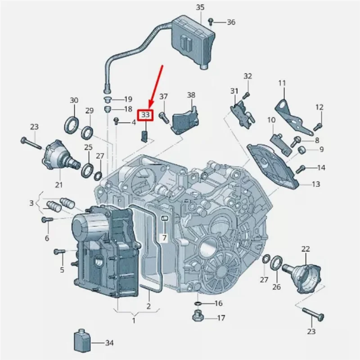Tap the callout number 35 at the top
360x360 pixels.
[x=200, y=7]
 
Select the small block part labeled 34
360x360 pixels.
[x=82, y=342]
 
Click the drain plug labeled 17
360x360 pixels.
[x=197, y=317]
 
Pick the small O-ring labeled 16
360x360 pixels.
[x=198, y=303]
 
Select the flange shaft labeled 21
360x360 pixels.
[x=58, y=155]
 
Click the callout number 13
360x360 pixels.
[x=316, y=184]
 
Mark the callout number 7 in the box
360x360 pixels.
[x=164, y=237]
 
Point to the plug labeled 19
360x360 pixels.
[x=108, y=99]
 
